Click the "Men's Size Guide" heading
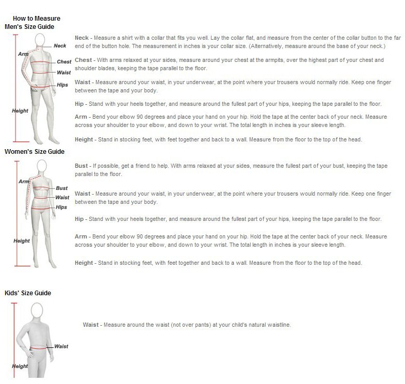point(29,27)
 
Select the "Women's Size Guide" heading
point(35,151)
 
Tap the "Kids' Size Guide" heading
point(28,293)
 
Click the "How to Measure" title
point(37,19)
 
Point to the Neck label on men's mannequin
point(60,46)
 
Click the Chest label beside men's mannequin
point(64,62)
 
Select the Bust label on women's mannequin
point(62,188)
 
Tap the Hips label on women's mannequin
point(61,207)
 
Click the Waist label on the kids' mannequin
point(61,346)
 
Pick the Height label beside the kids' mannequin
point(20,366)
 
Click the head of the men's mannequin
point(40,41)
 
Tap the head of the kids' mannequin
point(37,310)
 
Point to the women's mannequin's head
point(42,166)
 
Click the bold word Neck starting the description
point(82,38)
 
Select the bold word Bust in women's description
point(82,166)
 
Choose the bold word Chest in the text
point(83,60)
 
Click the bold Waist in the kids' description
point(91,325)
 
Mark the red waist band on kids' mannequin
point(38,348)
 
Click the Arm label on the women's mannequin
point(24,182)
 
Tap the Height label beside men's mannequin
point(20,111)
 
